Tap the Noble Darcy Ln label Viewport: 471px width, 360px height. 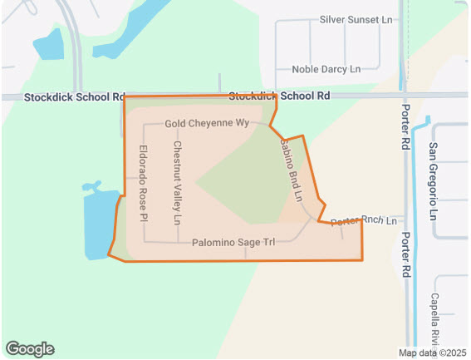point(326,69)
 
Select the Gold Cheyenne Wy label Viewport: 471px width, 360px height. point(207,124)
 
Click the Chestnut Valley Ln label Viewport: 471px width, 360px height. point(176,183)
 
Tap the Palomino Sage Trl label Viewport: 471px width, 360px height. point(233,243)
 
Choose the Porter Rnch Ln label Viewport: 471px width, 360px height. point(361,221)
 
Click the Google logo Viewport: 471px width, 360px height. point(29,349)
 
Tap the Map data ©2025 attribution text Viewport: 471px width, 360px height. point(433,353)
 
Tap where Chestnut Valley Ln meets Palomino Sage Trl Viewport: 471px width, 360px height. point(177,242)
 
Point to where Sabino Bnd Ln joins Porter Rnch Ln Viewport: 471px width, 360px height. point(315,219)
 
